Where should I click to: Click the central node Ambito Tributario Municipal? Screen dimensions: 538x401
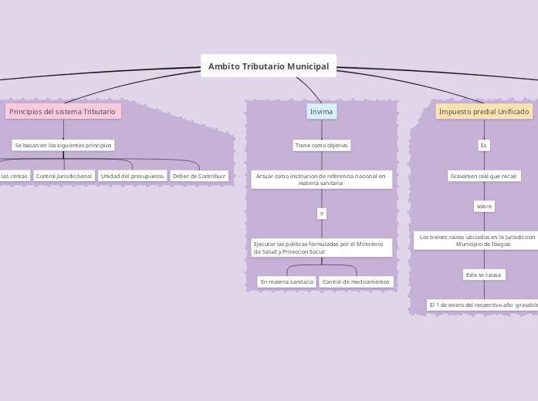point(268,66)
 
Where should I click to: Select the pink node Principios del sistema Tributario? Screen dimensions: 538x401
point(63,112)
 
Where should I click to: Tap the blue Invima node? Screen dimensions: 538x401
point(321,112)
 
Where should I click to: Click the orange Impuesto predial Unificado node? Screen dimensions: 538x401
point(484,112)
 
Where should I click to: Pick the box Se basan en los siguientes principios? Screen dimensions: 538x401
point(63,145)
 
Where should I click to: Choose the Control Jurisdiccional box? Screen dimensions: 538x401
point(64,176)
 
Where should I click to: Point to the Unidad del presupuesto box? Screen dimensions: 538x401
point(132,176)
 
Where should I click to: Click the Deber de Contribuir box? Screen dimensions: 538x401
point(199,176)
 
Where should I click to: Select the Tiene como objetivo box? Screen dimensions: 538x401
point(322,145)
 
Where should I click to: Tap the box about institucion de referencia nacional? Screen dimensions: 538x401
point(321,180)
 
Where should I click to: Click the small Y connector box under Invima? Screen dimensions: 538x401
point(322,213)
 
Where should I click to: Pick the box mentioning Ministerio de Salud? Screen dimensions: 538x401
point(321,248)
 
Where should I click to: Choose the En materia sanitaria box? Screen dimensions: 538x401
point(287,281)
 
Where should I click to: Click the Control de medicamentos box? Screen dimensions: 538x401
point(356,281)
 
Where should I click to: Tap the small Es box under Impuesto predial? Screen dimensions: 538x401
point(484,145)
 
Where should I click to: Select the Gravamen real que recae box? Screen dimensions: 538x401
point(484,176)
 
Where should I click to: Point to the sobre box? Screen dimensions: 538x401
point(484,206)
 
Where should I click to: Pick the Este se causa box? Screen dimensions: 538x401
point(484,275)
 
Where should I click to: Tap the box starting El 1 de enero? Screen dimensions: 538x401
point(483,305)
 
